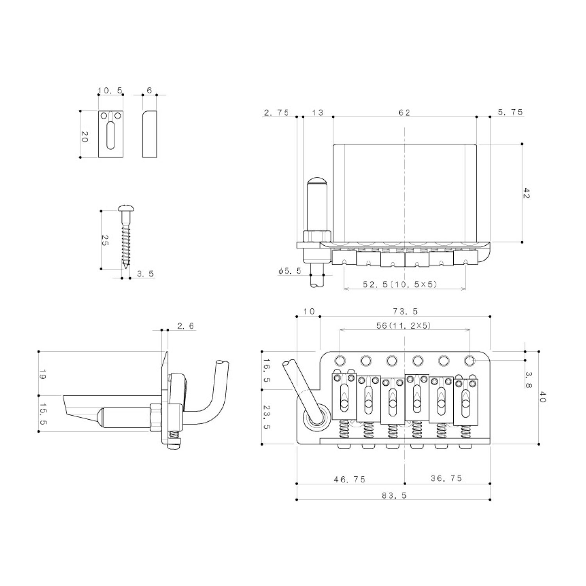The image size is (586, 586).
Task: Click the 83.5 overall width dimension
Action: tap(393, 495)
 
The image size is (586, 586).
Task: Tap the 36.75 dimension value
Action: tap(446, 478)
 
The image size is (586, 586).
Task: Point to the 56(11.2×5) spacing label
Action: tap(404, 325)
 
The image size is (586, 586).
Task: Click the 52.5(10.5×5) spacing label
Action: tap(400, 284)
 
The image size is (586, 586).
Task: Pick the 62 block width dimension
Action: tap(404, 113)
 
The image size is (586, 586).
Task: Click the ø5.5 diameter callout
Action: tap(290, 271)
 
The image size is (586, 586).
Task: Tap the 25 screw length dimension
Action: tap(105, 241)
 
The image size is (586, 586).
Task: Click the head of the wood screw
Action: tap(125, 209)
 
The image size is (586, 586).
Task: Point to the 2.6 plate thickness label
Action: tap(185, 326)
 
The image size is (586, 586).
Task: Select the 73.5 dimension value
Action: tap(405, 311)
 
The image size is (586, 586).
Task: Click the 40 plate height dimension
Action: tap(543, 397)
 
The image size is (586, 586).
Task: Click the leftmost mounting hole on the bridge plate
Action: tap(340, 360)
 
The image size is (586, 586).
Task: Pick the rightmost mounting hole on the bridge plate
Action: tap(470, 360)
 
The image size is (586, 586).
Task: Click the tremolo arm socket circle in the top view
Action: tap(314, 419)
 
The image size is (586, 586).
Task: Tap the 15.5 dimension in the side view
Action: tap(43, 413)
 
